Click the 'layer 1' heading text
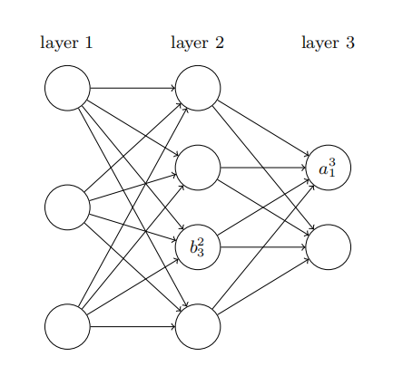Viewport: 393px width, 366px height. (66, 43)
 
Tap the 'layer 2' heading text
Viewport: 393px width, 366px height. (197, 43)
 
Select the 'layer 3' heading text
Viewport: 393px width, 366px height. (328, 43)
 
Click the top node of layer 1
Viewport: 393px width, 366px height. (67, 88)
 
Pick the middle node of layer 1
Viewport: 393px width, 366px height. (67, 207)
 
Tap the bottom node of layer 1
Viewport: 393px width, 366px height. (67, 326)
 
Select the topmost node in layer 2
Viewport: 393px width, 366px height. (198, 88)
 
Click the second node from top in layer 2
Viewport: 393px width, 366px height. (198, 168)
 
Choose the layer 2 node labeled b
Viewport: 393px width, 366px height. (198, 246)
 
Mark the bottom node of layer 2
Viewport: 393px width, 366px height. (198, 326)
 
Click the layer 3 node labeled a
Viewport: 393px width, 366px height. (329, 168)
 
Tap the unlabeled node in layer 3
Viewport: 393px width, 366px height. (329, 246)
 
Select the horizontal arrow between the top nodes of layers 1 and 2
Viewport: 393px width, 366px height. (133, 88)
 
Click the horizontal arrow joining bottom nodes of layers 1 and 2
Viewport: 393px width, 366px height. (133, 326)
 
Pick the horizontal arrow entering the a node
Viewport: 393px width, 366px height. (263, 168)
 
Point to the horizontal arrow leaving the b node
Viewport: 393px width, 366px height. (263, 246)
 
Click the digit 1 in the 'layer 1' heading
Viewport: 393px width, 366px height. (88, 43)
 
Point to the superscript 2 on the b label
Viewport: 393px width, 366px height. (201, 241)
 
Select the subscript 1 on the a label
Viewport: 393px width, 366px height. (332, 172)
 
